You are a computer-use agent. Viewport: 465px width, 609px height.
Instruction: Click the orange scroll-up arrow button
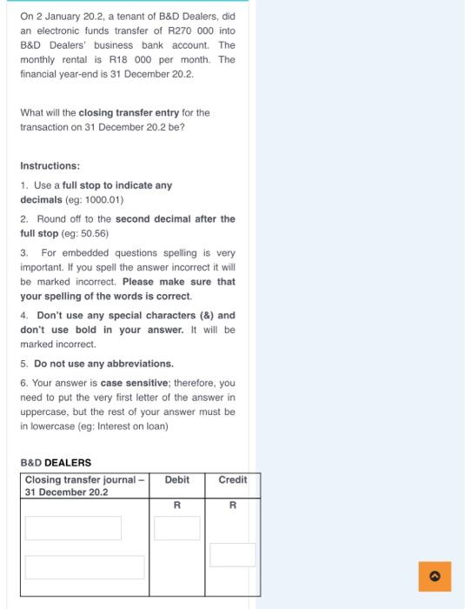(435, 575)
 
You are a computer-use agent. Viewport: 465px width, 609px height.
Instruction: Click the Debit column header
(176, 479)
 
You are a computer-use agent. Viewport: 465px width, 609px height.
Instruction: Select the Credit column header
(232, 479)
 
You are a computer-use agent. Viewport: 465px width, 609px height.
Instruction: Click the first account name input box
(73, 528)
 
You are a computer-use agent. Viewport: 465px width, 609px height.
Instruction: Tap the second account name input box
(84, 566)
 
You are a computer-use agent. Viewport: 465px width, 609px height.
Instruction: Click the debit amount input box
(177, 528)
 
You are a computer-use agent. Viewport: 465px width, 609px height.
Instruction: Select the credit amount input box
(233, 554)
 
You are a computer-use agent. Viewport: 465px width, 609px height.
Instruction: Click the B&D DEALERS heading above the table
(56, 462)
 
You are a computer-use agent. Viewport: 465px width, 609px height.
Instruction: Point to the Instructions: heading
(50, 165)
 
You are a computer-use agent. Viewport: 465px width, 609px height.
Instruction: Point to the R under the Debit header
(176, 505)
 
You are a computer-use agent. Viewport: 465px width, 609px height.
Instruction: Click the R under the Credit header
(232, 505)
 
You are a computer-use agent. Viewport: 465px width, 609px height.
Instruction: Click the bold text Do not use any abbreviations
(103, 363)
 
